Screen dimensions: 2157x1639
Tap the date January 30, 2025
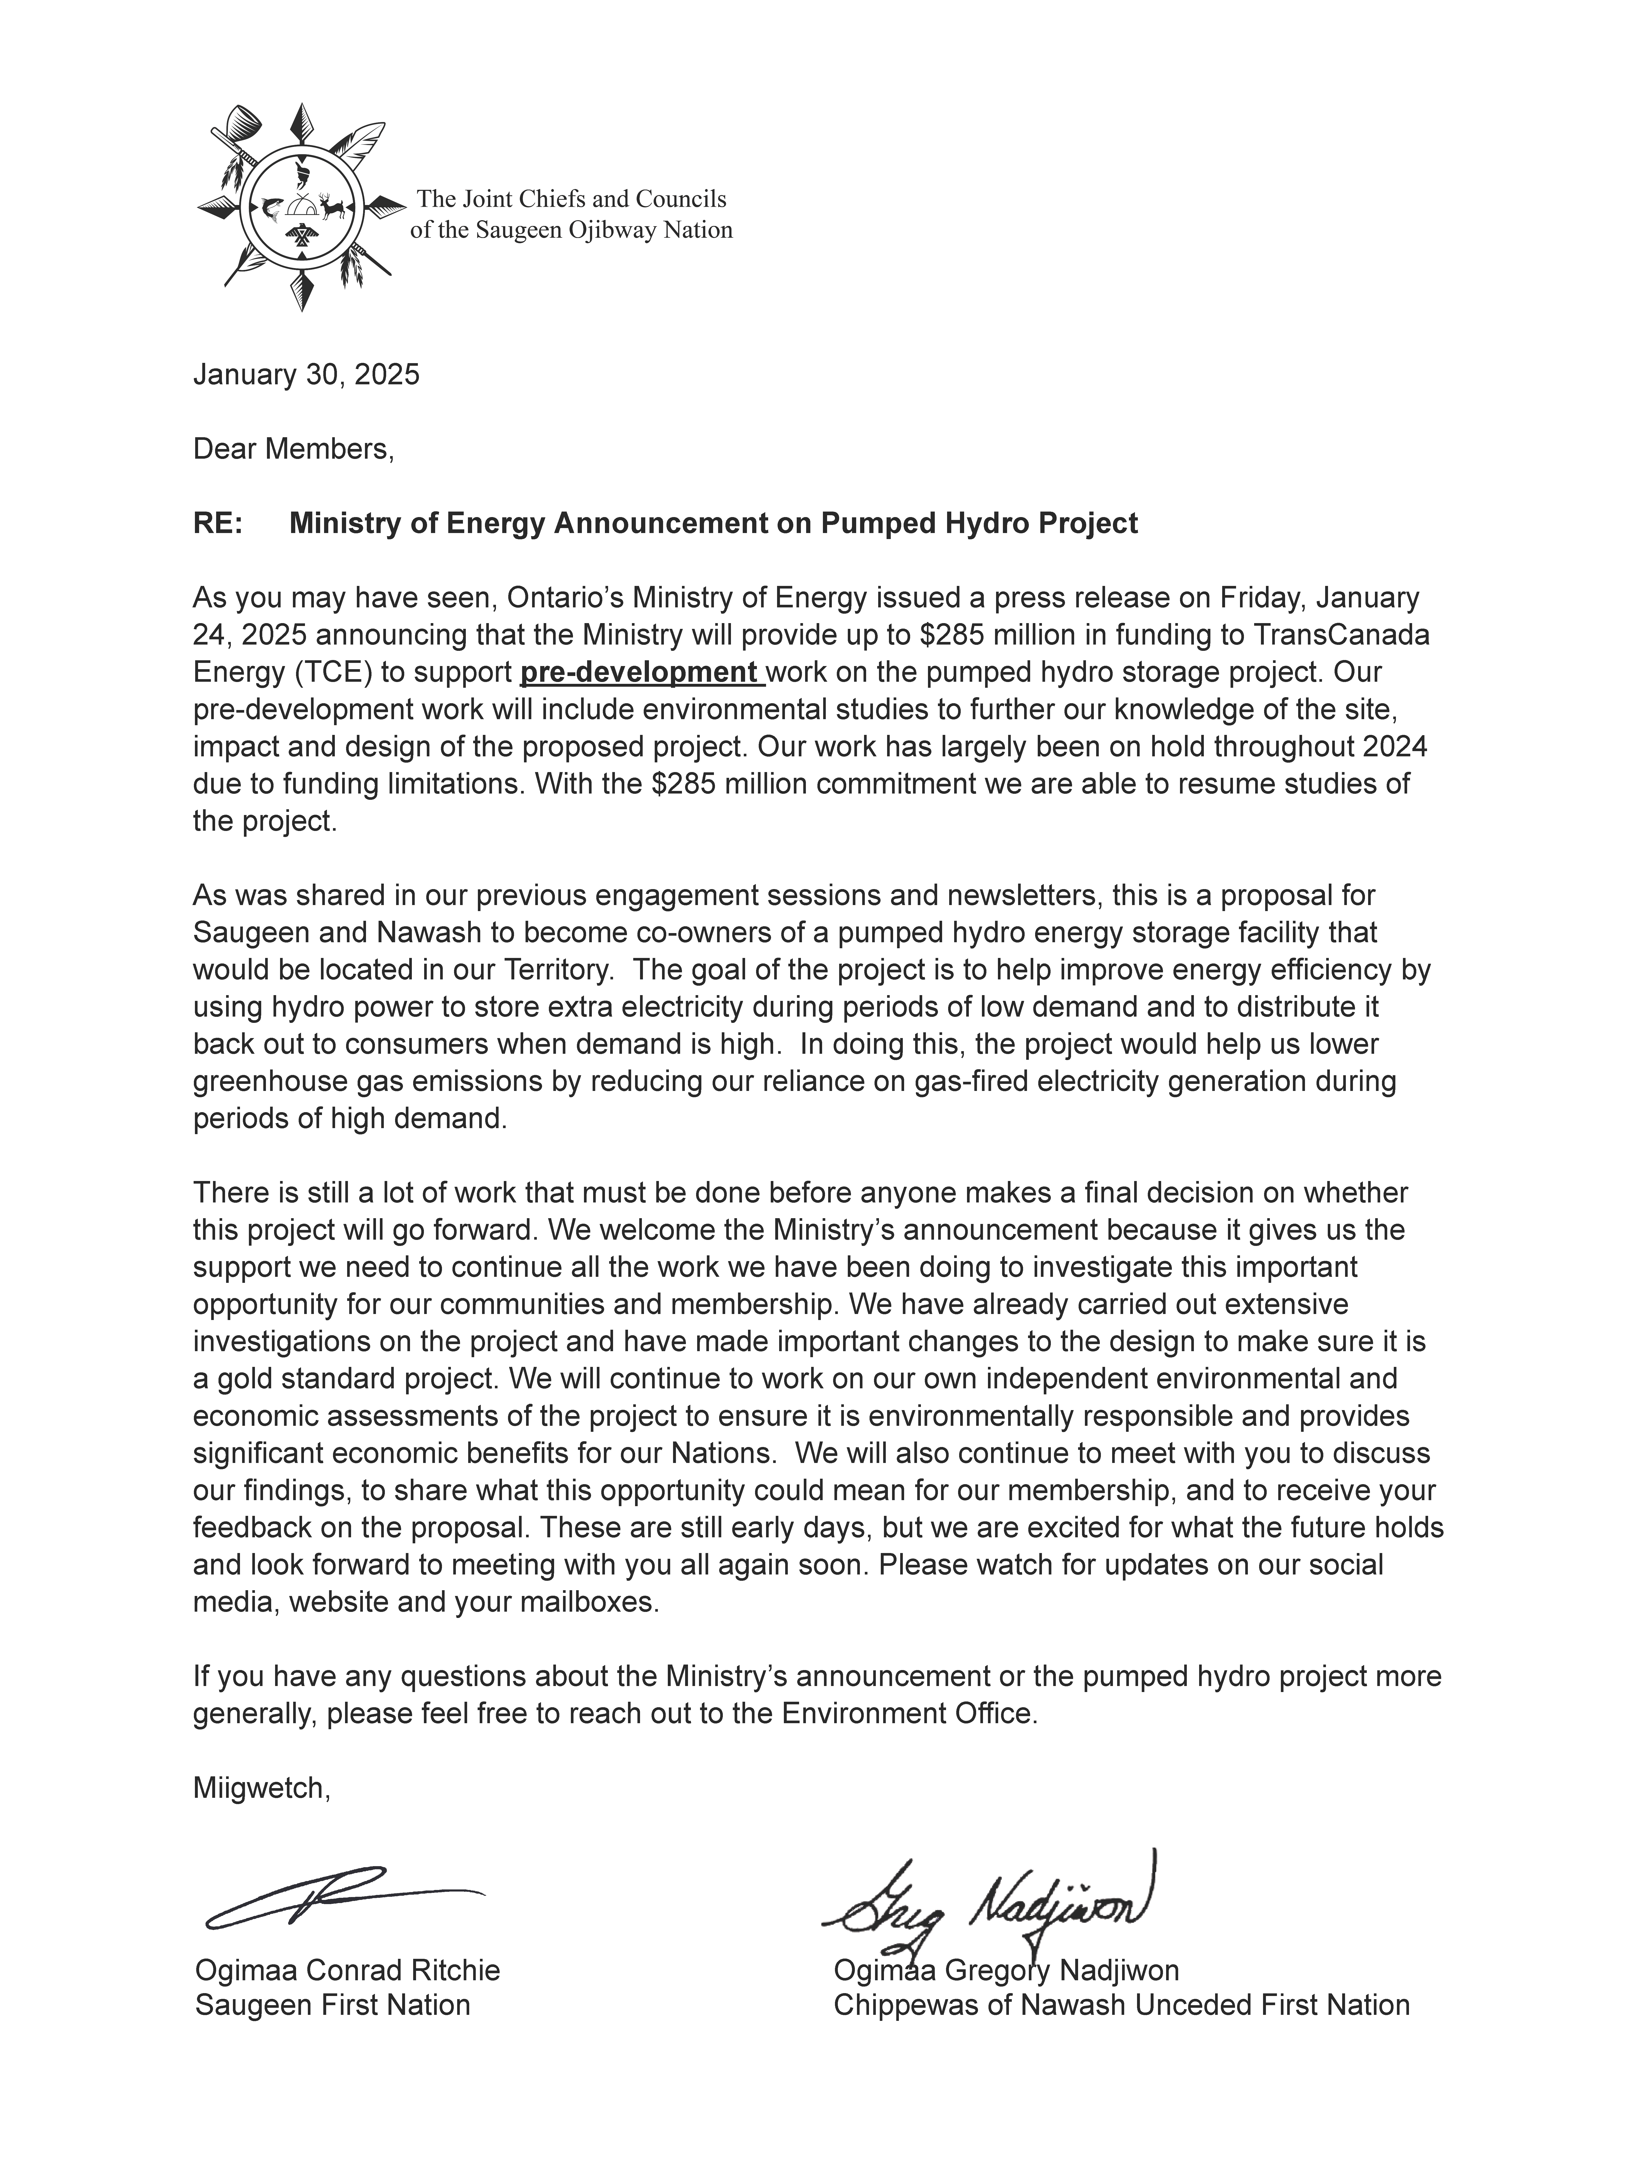(x=306, y=374)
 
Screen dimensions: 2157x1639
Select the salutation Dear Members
(x=293, y=450)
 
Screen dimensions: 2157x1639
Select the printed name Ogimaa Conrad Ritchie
(x=347, y=1971)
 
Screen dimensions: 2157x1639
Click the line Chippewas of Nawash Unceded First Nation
(x=1121, y=2006)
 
